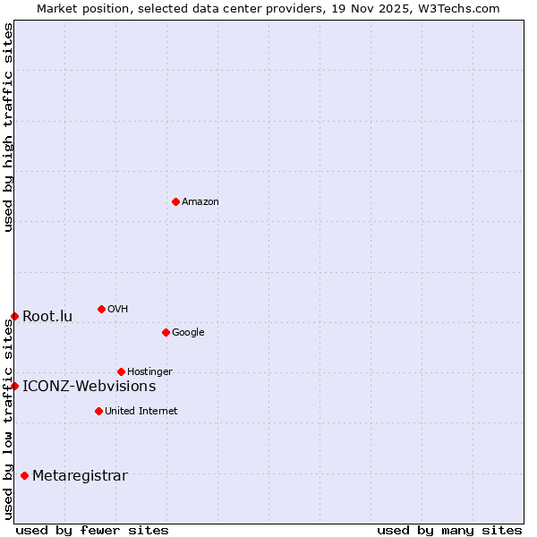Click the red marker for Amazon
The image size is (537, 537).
175,201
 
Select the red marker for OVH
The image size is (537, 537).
101,309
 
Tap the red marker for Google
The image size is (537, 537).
166,332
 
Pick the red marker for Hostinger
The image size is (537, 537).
121,371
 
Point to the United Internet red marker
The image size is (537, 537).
98,411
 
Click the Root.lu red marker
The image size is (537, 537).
14,316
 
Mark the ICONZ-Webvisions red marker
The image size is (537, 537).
14,386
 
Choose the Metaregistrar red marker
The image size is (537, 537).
24,475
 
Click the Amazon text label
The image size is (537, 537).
200,202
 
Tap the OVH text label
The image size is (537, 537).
118,310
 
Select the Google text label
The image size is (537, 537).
188,333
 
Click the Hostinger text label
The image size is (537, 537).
149,372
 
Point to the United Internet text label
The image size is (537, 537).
141,412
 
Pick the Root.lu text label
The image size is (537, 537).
47,317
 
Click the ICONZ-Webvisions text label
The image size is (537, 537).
89,387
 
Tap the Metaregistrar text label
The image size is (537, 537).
80,476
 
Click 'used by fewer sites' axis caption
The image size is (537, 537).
92,530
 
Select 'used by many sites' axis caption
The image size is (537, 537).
449,530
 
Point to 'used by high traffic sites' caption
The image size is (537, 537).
8,127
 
